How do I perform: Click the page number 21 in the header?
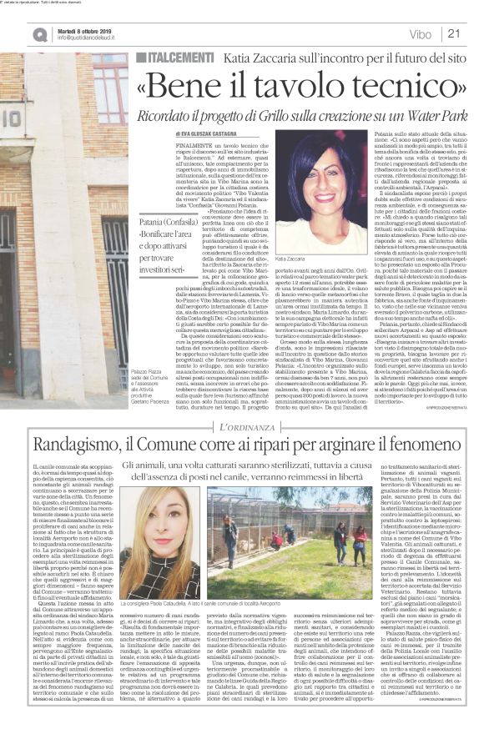tap(456, 33)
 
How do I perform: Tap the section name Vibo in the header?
tap(422, 33)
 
